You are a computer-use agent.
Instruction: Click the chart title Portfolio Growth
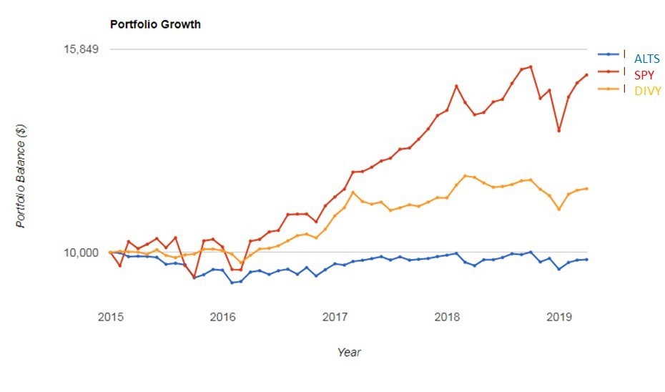point(155,24)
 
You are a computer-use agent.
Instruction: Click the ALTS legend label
point(647,59)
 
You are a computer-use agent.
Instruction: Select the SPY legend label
point(643,74)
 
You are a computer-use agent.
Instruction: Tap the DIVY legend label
point(648,91)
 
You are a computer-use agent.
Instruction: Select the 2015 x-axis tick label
point(111,315)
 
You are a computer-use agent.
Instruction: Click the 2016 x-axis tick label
point(222,315)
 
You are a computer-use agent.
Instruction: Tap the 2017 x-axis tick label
point(335,315)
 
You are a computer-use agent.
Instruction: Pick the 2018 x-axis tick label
point(447,315)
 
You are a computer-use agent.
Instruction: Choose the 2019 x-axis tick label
point(558,315)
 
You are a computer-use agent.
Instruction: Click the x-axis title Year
point(349,352)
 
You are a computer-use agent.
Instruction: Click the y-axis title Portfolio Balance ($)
point(21,176)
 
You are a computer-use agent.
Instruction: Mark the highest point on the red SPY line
point(531,67)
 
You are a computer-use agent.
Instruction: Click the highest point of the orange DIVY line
point(465,175)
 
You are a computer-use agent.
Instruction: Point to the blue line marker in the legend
point(609,54)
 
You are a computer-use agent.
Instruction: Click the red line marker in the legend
point(609,72)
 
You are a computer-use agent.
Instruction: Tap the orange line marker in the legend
point(609,89)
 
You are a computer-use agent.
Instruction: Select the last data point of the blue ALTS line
point(586,259)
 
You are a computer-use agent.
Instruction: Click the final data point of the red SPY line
point(586,74)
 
